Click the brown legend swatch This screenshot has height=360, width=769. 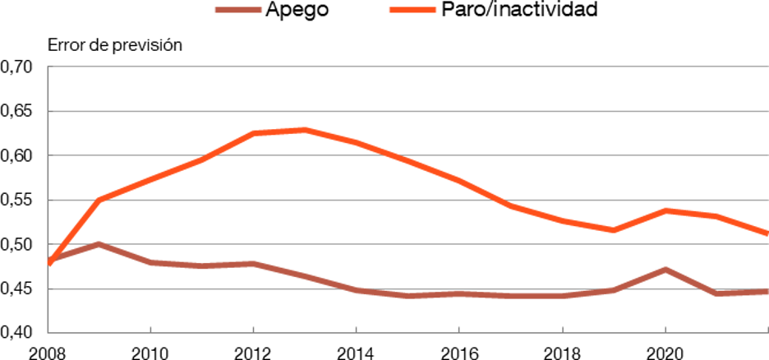(238, 10)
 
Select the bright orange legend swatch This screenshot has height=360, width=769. (412, 10)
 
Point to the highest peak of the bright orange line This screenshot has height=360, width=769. (306, 130)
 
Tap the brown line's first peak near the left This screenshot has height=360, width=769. (99, 244)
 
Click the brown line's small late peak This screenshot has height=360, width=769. (665, 269)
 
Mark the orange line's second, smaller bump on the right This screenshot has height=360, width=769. (665, 210)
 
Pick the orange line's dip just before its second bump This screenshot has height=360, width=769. (614, 229)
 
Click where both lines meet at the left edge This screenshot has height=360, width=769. (49, 263)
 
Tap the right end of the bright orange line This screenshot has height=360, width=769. (767, 234)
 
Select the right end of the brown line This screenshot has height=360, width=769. (767, 292)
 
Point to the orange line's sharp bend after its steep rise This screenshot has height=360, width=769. (99, 199)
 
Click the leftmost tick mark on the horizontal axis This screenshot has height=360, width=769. (151, 329)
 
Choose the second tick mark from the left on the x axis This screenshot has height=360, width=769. (254, 329)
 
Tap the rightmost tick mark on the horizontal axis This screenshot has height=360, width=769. (767, 329)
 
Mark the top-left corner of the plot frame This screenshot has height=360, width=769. (48, 66)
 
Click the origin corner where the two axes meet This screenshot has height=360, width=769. (48, 333)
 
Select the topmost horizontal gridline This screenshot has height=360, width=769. (411, 66)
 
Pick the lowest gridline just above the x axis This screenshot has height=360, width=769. (411, 288)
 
